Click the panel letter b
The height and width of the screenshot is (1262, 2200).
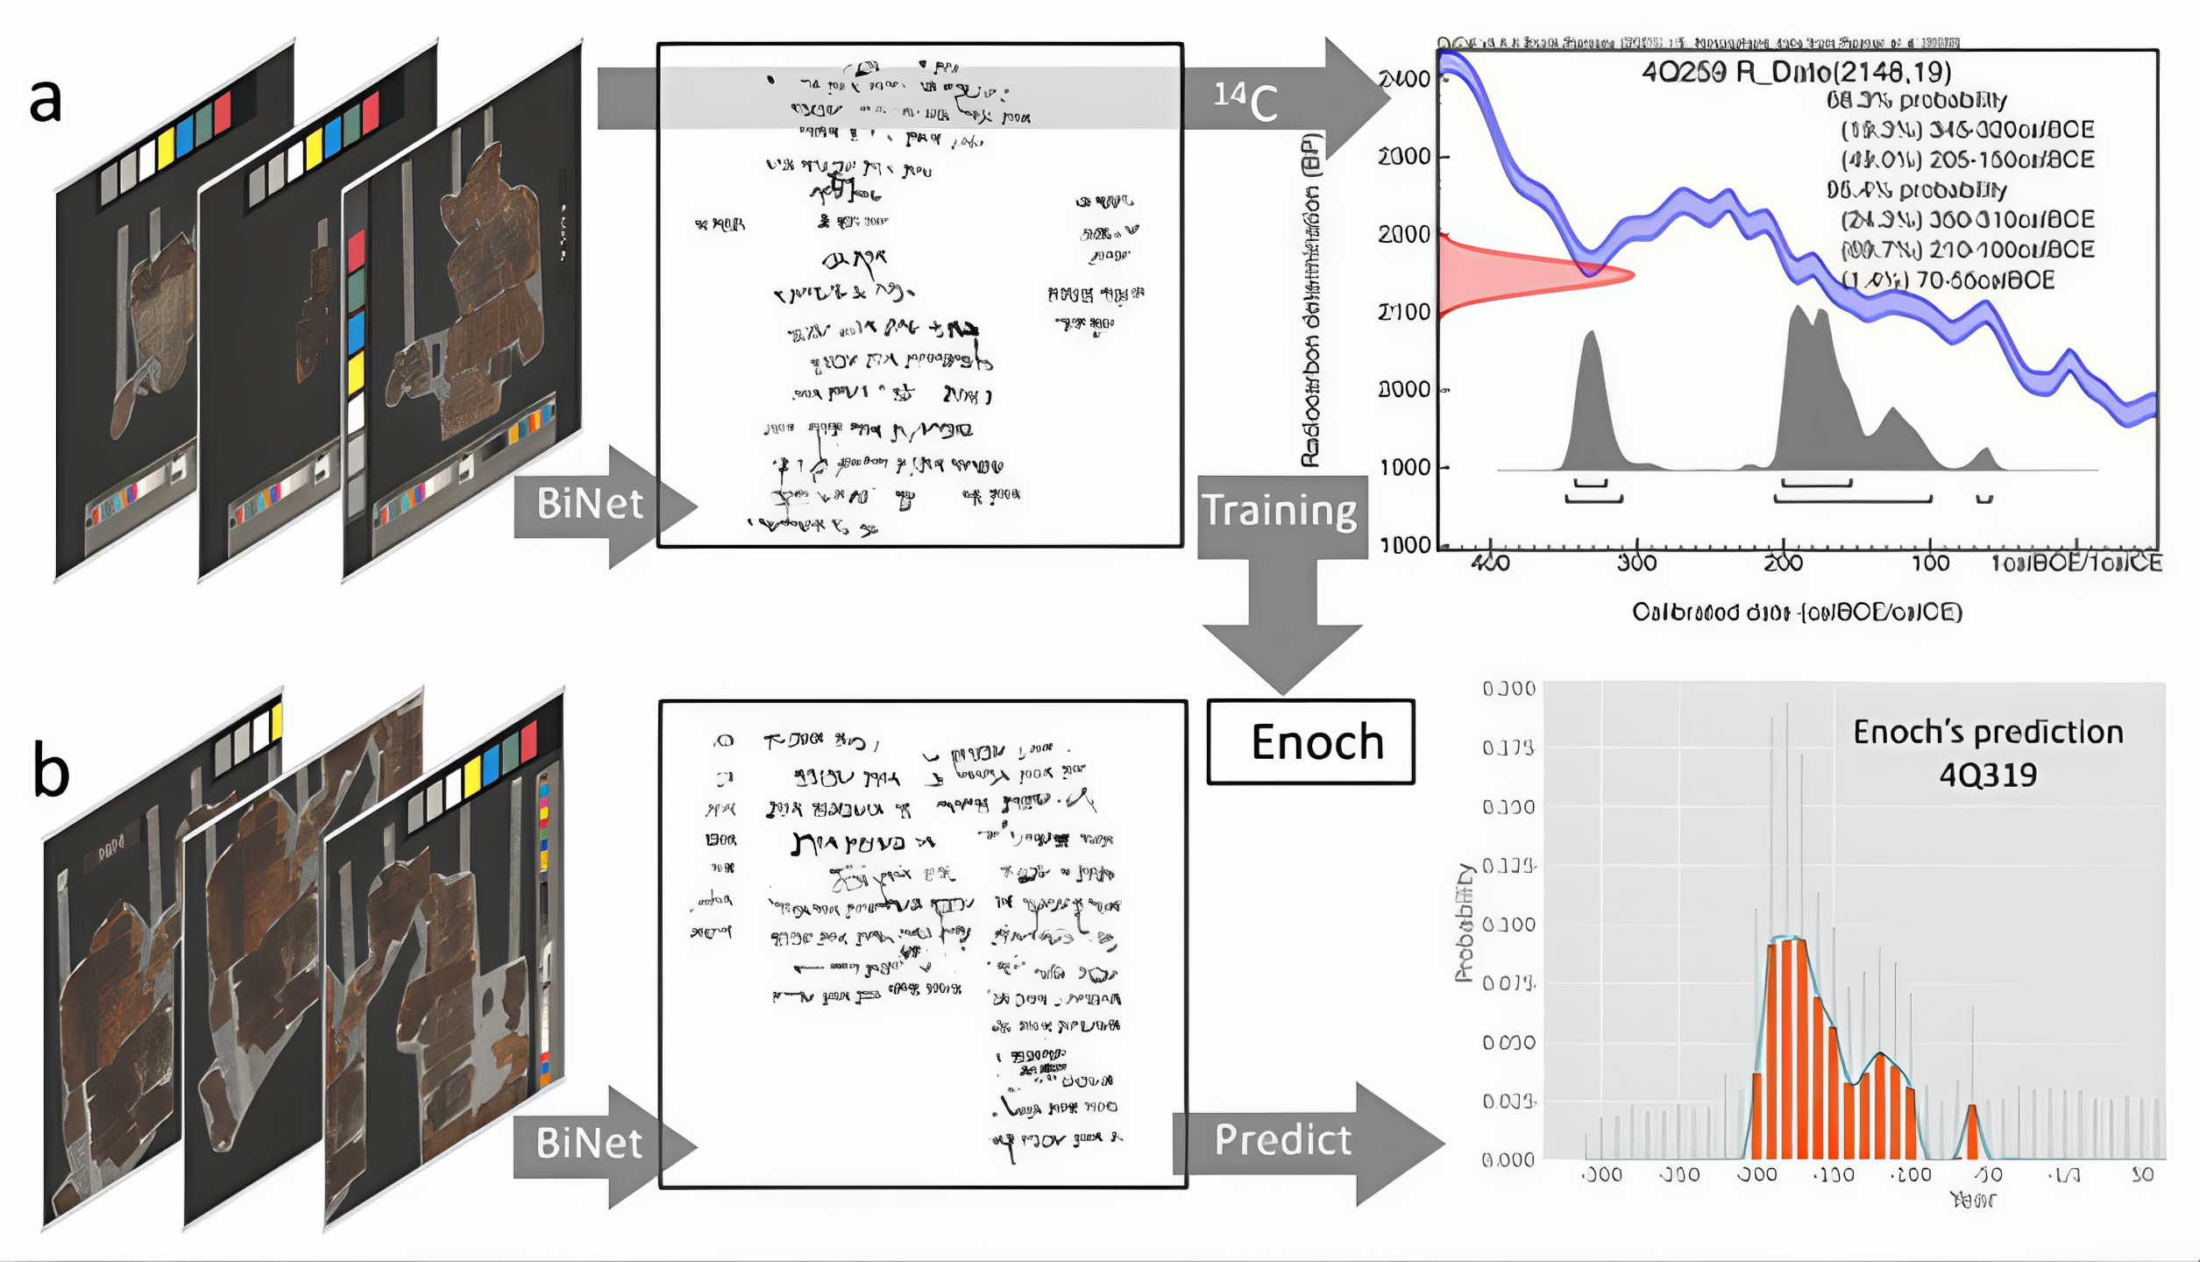pyautogui.click(x=51, y=769)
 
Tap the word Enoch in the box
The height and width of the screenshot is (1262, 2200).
pyautogui.click(x=1316, y=742)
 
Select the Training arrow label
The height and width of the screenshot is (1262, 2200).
pyautogui.click(x=1279, y=511)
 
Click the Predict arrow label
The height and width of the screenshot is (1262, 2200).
pyautogui.click(x=1281, y=1140)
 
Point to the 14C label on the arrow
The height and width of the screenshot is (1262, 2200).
pyautogui.click(x=1245, y=101)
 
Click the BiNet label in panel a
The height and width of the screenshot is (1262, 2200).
pyautogui.click(x=589, y=504)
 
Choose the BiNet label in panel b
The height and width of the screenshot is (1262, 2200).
pyautogui.click(x=589, y=1144)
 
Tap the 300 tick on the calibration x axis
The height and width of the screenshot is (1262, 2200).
pyautogui.click(x=1636, y=563)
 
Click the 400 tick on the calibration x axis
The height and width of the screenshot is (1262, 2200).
pyautogui.click(x=1490, y=563)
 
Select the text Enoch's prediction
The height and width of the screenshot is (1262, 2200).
pyautogui.click(x=1988, y=732)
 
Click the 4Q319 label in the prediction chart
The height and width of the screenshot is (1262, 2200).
pyautogui.click(x=1988, y=775)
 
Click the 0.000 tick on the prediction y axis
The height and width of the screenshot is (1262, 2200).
pyautogui.click(x=1508, y=1160)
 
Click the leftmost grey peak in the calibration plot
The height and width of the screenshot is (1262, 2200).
pyautogui.click(x=1591, y=403)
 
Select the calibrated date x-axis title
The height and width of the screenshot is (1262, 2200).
pyautogui.click(x=1797, y=612)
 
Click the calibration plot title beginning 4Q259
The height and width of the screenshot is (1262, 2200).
pyautogui.click(x=1797, y=72)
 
